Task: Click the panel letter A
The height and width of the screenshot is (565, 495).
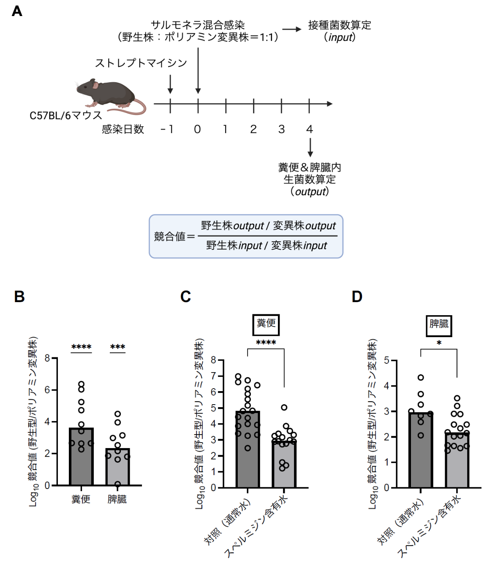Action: pos(17,11)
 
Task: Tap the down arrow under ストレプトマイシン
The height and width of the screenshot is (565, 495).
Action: pos(170,84)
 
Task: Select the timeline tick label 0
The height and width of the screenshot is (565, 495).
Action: pos(197,129)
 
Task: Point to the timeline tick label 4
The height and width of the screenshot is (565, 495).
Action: pos(310,129)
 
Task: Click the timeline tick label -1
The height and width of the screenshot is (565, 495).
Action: pos(167,129)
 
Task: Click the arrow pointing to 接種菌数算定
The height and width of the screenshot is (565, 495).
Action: pos(292,29)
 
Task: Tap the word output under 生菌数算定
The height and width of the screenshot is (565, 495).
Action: pos(311,192)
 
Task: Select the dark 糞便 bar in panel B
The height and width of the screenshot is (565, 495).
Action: pos(81,460)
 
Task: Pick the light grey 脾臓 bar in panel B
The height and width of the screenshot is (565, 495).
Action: pos(117,468)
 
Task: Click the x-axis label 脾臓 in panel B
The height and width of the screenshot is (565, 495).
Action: pos(117,499)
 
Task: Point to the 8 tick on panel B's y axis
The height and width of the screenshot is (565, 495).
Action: pos(47,358)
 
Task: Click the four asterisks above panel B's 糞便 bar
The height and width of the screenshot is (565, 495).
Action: pos(81,347)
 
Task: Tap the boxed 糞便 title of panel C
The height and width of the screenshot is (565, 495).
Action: pos(266,324)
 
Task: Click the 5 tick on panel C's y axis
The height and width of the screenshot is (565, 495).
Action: pos(213,408)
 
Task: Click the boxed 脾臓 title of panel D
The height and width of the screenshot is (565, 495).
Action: pos(439,324)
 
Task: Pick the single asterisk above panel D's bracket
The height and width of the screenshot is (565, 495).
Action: pos(439,343)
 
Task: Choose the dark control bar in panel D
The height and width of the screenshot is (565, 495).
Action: pos(420,451)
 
